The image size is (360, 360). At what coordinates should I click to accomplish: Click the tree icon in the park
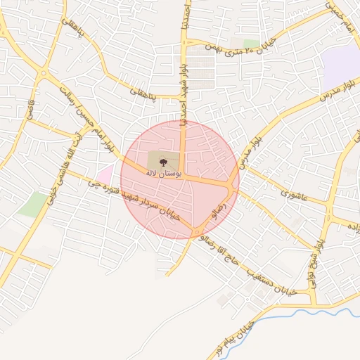click(163, 161)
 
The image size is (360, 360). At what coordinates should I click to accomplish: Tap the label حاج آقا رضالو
click(219, 252)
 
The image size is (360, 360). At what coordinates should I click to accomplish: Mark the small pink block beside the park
click(105, 172)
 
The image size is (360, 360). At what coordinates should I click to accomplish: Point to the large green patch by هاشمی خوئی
click(33, 204)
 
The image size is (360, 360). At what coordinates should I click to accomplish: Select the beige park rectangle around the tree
click(156, 159)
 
